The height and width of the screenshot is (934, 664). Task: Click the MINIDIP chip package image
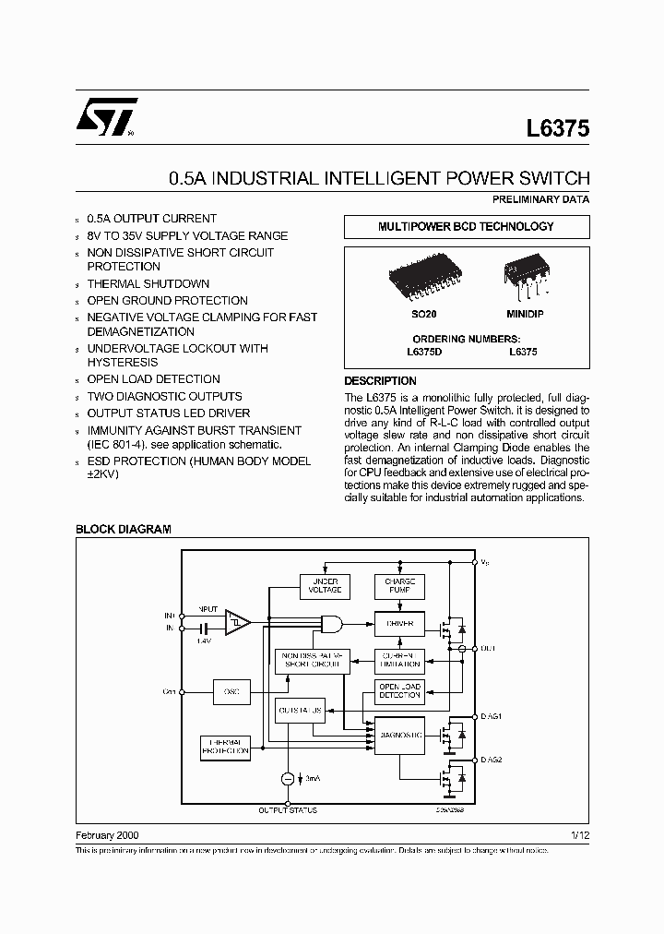[521, 272]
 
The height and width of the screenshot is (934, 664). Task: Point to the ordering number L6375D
[424, 352]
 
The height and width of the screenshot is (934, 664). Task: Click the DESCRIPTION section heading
[380, 381]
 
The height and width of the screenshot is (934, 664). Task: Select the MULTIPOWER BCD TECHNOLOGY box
[467, 227]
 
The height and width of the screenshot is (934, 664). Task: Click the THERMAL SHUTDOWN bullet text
[148, 283]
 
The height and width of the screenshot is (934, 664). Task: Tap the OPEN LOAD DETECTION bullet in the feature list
[153, 379]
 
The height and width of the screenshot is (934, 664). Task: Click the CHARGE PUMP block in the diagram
[399, 586]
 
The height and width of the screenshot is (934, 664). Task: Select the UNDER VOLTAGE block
[325, 586]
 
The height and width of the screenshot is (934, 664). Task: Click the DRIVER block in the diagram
[399, 624]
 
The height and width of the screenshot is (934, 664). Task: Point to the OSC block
[231, 691]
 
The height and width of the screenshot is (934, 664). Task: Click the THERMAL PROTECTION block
[225, 748]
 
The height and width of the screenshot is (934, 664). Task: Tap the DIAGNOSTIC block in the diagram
[399, 735]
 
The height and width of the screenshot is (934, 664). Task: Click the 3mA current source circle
[287, 779]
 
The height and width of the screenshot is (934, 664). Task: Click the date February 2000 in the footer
[107, 833]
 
